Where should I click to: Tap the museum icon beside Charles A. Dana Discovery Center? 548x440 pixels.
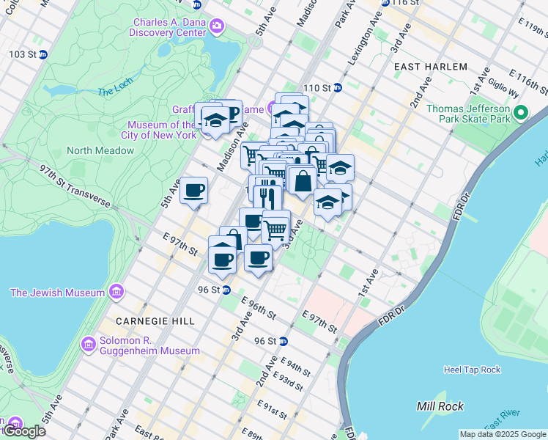coord(217,27)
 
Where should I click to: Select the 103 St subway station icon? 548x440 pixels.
coord(42,54)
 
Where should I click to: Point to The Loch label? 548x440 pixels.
coord(114,92)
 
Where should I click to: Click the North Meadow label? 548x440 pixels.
coord(100,150)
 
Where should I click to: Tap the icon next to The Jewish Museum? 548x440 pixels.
coord(116,293)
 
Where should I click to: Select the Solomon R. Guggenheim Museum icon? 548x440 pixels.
coord(89,344)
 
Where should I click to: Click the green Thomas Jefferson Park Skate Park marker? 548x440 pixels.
coord(521,113)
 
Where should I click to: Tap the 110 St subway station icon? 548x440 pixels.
coord(338,88)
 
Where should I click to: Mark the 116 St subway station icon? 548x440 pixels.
coord(385,3)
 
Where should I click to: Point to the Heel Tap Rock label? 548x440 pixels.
coord(473,370)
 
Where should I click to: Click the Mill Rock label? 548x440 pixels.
coord(436,406)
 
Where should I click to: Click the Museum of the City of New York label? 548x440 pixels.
coord(162,130)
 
